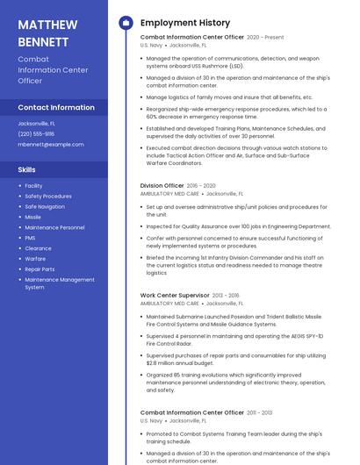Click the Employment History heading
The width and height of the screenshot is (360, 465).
click(x=184, y=23)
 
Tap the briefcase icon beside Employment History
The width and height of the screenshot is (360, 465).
click(x=126, y=23)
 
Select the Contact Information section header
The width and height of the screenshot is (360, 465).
click(x=56, y=107)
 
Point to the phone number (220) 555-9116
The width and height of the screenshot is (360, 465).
click(x=36, y=134)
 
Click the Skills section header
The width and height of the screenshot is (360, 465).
click(x=27, y=169)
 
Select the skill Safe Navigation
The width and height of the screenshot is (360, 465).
click(x=45, y=206)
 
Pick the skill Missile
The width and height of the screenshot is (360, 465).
click(x=33, y=217)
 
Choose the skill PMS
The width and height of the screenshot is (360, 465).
click(x=31, y=238)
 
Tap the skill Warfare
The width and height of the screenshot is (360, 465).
click(x=35, y=259)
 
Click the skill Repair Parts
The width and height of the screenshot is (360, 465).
click(x=40, y=269)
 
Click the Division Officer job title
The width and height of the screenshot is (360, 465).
click(x=162, y=186)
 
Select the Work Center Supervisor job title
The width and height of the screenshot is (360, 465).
click(x=175, y=296)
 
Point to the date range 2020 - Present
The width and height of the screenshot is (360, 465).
click(x=265, y=38)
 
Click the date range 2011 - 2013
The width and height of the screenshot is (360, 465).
click(x=260, y=412)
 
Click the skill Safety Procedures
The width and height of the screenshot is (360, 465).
click(x=48, y=196)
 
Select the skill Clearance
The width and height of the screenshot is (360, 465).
click(x=38, y=248)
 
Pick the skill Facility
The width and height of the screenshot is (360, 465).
click(x=33, y=185)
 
